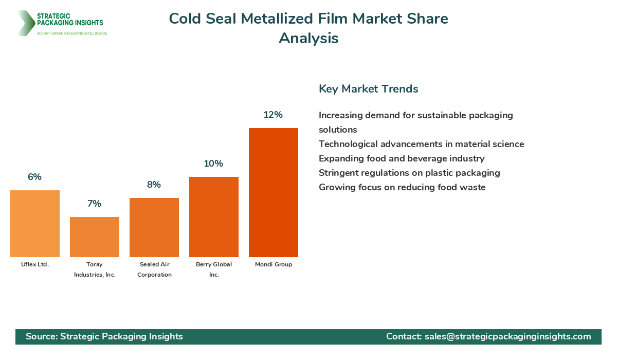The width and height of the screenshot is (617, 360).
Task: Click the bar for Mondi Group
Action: click(273, 192)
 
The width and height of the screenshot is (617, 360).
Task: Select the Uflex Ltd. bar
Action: click(35, 224)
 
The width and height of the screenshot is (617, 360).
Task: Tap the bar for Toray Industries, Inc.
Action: click(95, 237)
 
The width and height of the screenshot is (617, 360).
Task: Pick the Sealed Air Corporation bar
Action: click(154, 227)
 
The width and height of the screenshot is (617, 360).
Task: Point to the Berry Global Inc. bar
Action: click(214, 217)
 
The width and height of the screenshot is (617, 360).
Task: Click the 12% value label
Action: click(273, 115)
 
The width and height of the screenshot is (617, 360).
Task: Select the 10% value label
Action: click(213, 164)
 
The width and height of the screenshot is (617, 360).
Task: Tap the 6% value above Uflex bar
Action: click(34, 177)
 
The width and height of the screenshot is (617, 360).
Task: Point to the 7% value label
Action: click(94, 204)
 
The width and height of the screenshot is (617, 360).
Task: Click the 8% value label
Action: click(154, 185)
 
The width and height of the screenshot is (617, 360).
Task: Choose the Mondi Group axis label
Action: click(273, 264)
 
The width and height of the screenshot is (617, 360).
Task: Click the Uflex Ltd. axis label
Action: click(35, 264)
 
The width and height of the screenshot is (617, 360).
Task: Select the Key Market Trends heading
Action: click(368, 88)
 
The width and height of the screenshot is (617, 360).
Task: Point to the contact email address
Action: click(507, 336)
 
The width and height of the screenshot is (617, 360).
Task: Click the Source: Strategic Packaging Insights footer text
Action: click(104, 336)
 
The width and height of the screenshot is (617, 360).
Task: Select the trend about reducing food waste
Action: click(402, 187)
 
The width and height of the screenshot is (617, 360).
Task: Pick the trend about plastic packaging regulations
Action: click(409, 173)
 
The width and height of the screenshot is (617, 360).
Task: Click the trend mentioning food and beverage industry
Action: click(402, 158)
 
